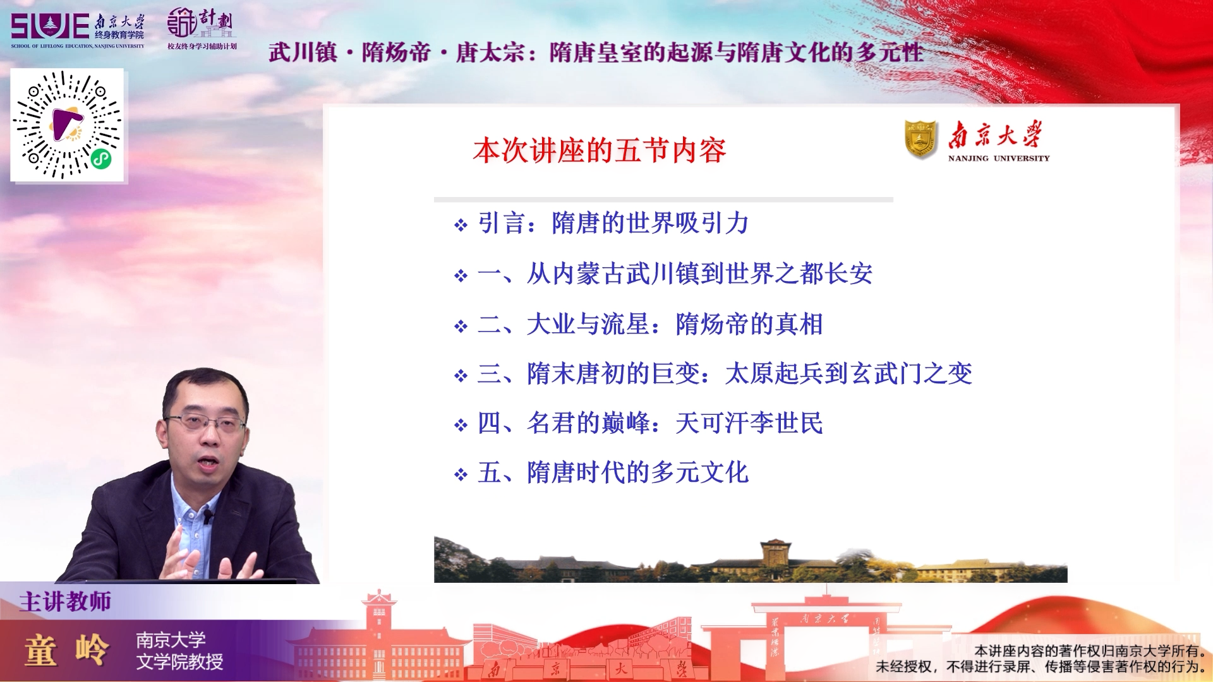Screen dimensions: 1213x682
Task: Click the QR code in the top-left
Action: tap(67, 125)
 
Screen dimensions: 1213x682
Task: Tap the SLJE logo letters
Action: tap(50, 27)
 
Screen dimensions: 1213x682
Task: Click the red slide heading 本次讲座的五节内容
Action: tap(600, 150)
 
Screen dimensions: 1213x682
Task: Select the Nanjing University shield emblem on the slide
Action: tap(921, 139)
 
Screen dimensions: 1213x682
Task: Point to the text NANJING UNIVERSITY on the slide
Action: tap(999, 159)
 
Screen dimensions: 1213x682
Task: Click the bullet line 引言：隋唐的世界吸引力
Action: tap(613, 223)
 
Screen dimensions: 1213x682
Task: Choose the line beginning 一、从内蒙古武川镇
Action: tap(675, 273)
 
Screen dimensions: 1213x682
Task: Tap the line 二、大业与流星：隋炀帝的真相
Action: tap(650, 324)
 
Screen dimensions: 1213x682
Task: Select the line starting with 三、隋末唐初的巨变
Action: tap(725, 373)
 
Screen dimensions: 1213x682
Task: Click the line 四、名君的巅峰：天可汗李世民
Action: tap(650, 422)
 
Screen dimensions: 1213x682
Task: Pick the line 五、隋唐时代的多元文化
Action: tap(613, 472)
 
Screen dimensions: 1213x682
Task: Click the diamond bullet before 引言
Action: tap(461, 225)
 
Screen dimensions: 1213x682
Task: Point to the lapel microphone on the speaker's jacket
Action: tap(208, 517)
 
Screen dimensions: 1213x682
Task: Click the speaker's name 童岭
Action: tap(67, 650)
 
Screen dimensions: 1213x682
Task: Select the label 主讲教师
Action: tap(65, 601)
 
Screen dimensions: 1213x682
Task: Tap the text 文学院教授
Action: tap(180, 662)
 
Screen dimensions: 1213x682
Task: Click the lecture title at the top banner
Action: tap(596, 52)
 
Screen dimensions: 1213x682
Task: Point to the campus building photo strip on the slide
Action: tap(751, 559)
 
